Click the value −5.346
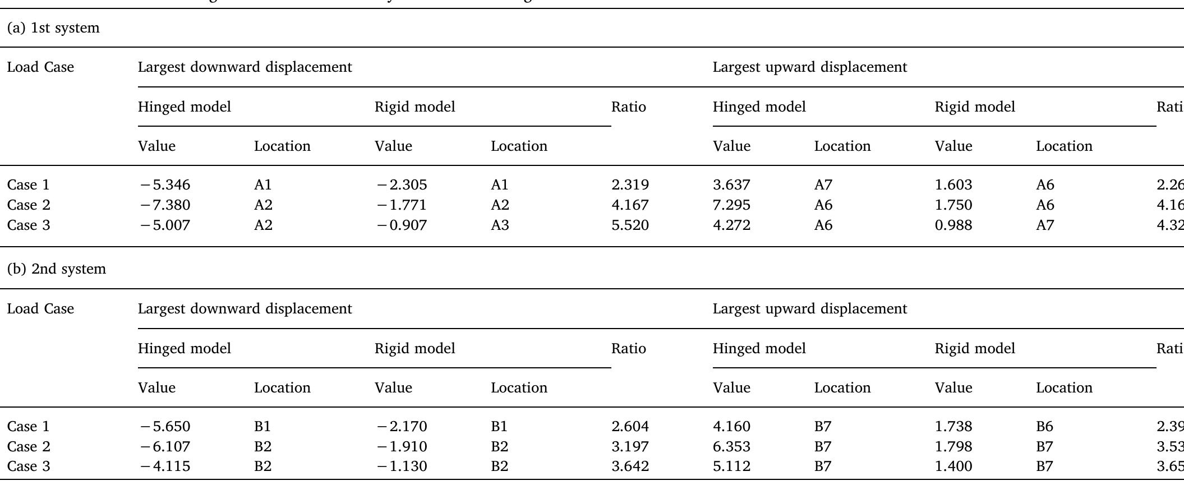tap(165, 185)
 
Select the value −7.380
tap(165, 205)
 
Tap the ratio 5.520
tap(630, 225)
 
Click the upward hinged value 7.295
tap(731, 205)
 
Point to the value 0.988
tap(953, 225)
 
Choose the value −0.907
tap(402, 225)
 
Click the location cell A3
tap(500, 225)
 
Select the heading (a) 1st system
tap(53, 28)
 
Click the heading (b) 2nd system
tap(56, 269)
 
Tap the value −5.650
tap(165, 427)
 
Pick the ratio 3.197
tap(630, 447)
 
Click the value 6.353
tap(731, 447)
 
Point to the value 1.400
tap(953, 466)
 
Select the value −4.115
tap(165, 466)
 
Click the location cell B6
tap(1044, 427)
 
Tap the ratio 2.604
tap(630, 427)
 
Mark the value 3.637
tap(731, 185)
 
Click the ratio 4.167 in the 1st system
tap(630, 205)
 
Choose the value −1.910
tap(402, 447)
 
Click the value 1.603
tap(953, 185)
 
